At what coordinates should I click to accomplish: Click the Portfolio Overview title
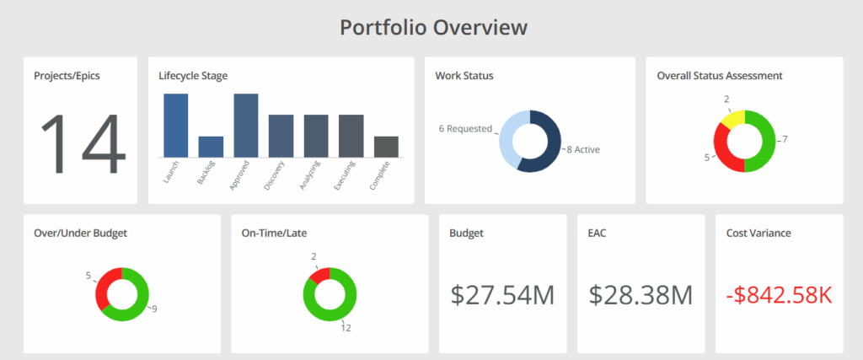[433, 27]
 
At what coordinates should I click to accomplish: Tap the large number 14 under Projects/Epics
[83, 143]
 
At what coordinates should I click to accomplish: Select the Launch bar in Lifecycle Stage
[175, 125]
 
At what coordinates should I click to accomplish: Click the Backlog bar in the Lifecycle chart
[211, 147]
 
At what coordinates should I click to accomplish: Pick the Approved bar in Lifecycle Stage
[245, 125]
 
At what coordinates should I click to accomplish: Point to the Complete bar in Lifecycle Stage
[386, 147]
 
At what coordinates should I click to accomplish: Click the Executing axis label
[344, 175]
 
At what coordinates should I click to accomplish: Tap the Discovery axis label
[274, 175]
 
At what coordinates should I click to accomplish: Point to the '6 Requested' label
[464, 129]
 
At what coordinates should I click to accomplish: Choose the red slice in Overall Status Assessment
[722, 151]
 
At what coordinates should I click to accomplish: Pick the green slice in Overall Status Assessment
[764, 142]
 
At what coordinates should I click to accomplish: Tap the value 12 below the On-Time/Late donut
[346, 328]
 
